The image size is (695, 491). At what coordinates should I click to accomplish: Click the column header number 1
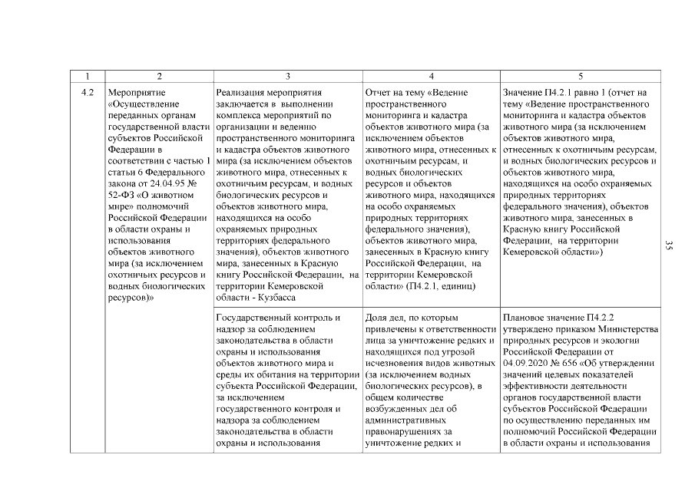pyautogui.click(x=88, y=76)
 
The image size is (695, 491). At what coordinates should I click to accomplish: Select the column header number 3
pyautogui.click(x=287, y=76)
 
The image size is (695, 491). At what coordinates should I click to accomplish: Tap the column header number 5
pyautogui.click(x=580, y=76)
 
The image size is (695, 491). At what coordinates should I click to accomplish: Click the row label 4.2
pyautogui.click(x=88, y=93)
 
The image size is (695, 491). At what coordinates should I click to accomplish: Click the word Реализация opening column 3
pyautogui.click(x=242, y=93)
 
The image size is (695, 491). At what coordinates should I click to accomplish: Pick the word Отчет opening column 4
pyautogui.click(x=379, y=93)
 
